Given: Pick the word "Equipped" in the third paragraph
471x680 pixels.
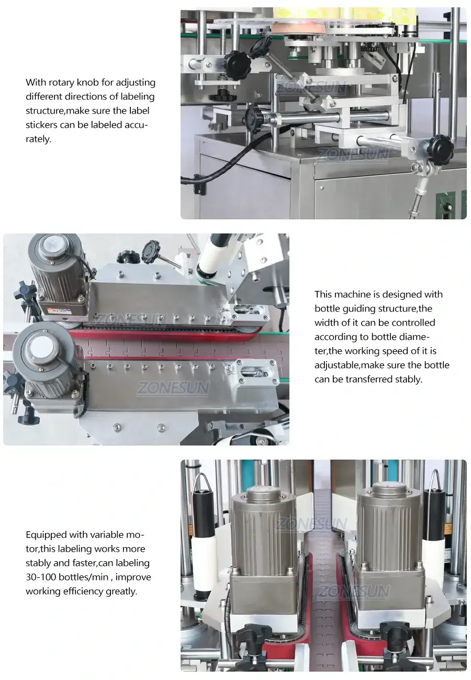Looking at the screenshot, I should pyautogui.click(x=45, y=534).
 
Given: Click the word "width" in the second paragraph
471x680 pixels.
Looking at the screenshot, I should pyautogui.click(x=327, y=322).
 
